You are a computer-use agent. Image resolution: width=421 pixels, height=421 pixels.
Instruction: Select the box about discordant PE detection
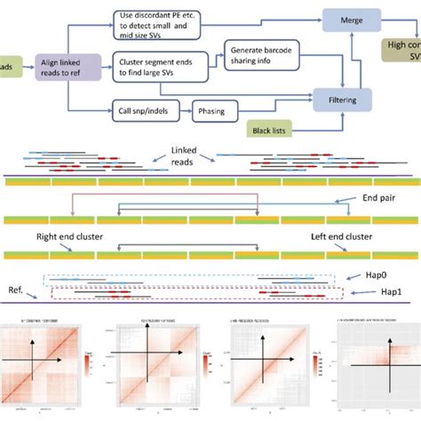coord(161,20)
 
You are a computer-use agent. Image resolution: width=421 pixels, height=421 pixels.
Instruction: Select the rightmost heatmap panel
coord(370,364)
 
